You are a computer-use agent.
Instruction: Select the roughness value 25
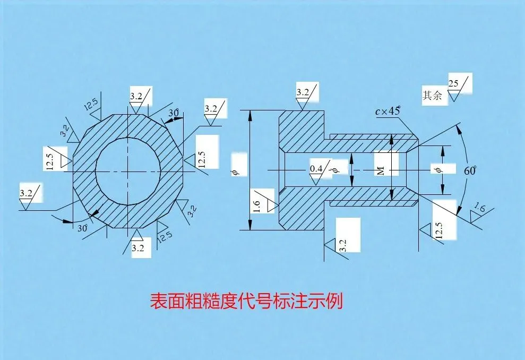click(x=454, y=83)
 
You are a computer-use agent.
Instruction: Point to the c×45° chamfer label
click(x=387, y=111)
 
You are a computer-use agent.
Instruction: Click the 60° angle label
click(x=470, y=171)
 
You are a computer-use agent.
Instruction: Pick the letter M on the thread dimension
click(x=380, y=170)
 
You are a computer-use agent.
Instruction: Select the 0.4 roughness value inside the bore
click(x=316, y=169)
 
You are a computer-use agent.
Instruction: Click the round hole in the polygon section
click(x=128, y=170)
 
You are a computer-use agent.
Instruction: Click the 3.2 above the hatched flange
click(x=303, y=92)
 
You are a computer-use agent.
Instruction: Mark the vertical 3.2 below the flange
click(x=343, y=245)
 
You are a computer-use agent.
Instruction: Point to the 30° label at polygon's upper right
click(x=173, y=113)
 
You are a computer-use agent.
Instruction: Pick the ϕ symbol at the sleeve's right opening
click(x=437, y=170)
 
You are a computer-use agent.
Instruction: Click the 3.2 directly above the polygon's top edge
click(x=136, y=96)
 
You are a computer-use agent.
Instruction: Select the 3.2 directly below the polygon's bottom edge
click(x=137, y=247)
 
